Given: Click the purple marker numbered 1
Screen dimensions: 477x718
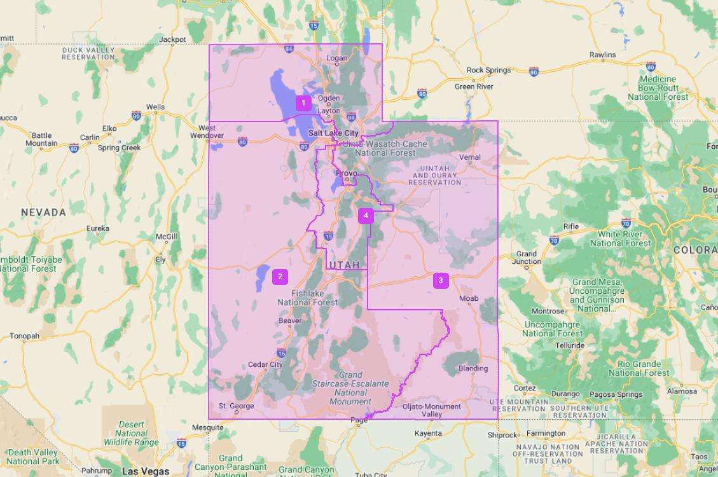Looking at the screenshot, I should [303, 102].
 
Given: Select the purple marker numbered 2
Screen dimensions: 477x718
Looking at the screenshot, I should [280, 277].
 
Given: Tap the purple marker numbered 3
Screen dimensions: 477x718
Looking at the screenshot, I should [441, 280].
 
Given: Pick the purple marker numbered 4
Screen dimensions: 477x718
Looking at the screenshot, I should [365, 216].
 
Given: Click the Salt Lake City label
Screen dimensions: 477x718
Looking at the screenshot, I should [333, 133].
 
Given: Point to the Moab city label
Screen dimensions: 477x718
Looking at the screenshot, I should [469, 298].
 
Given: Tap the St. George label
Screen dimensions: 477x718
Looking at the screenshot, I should [236, 406].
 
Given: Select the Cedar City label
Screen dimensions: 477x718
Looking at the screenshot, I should [265, 364].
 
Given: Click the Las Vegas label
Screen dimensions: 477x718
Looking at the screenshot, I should [146, 471].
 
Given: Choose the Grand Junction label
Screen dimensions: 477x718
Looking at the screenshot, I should [527, 258].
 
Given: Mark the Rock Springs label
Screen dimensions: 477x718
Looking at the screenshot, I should [488, 70].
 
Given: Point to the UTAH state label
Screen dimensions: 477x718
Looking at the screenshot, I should [344, 265].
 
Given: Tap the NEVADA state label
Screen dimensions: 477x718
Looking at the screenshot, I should [43, 212].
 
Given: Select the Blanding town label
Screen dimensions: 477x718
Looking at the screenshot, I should [473, 368].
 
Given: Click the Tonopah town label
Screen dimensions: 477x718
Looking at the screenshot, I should [24, 336].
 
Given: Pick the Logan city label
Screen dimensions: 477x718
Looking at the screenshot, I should [336, 59].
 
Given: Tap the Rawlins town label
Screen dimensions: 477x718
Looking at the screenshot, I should [602, 55].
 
